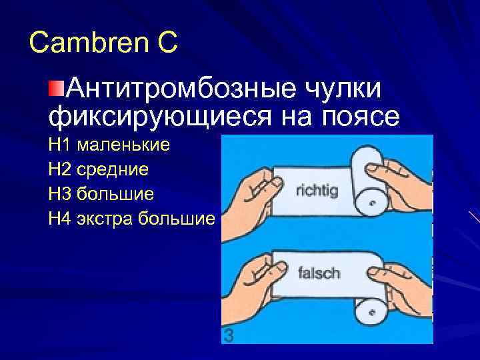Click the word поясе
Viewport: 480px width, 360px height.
(x=361, y=116)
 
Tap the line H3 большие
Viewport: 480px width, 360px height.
(x=101, y=194)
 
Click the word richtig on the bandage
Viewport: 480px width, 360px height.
(x=316, y=190)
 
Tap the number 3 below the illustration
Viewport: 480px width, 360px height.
(x=229, y=336)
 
